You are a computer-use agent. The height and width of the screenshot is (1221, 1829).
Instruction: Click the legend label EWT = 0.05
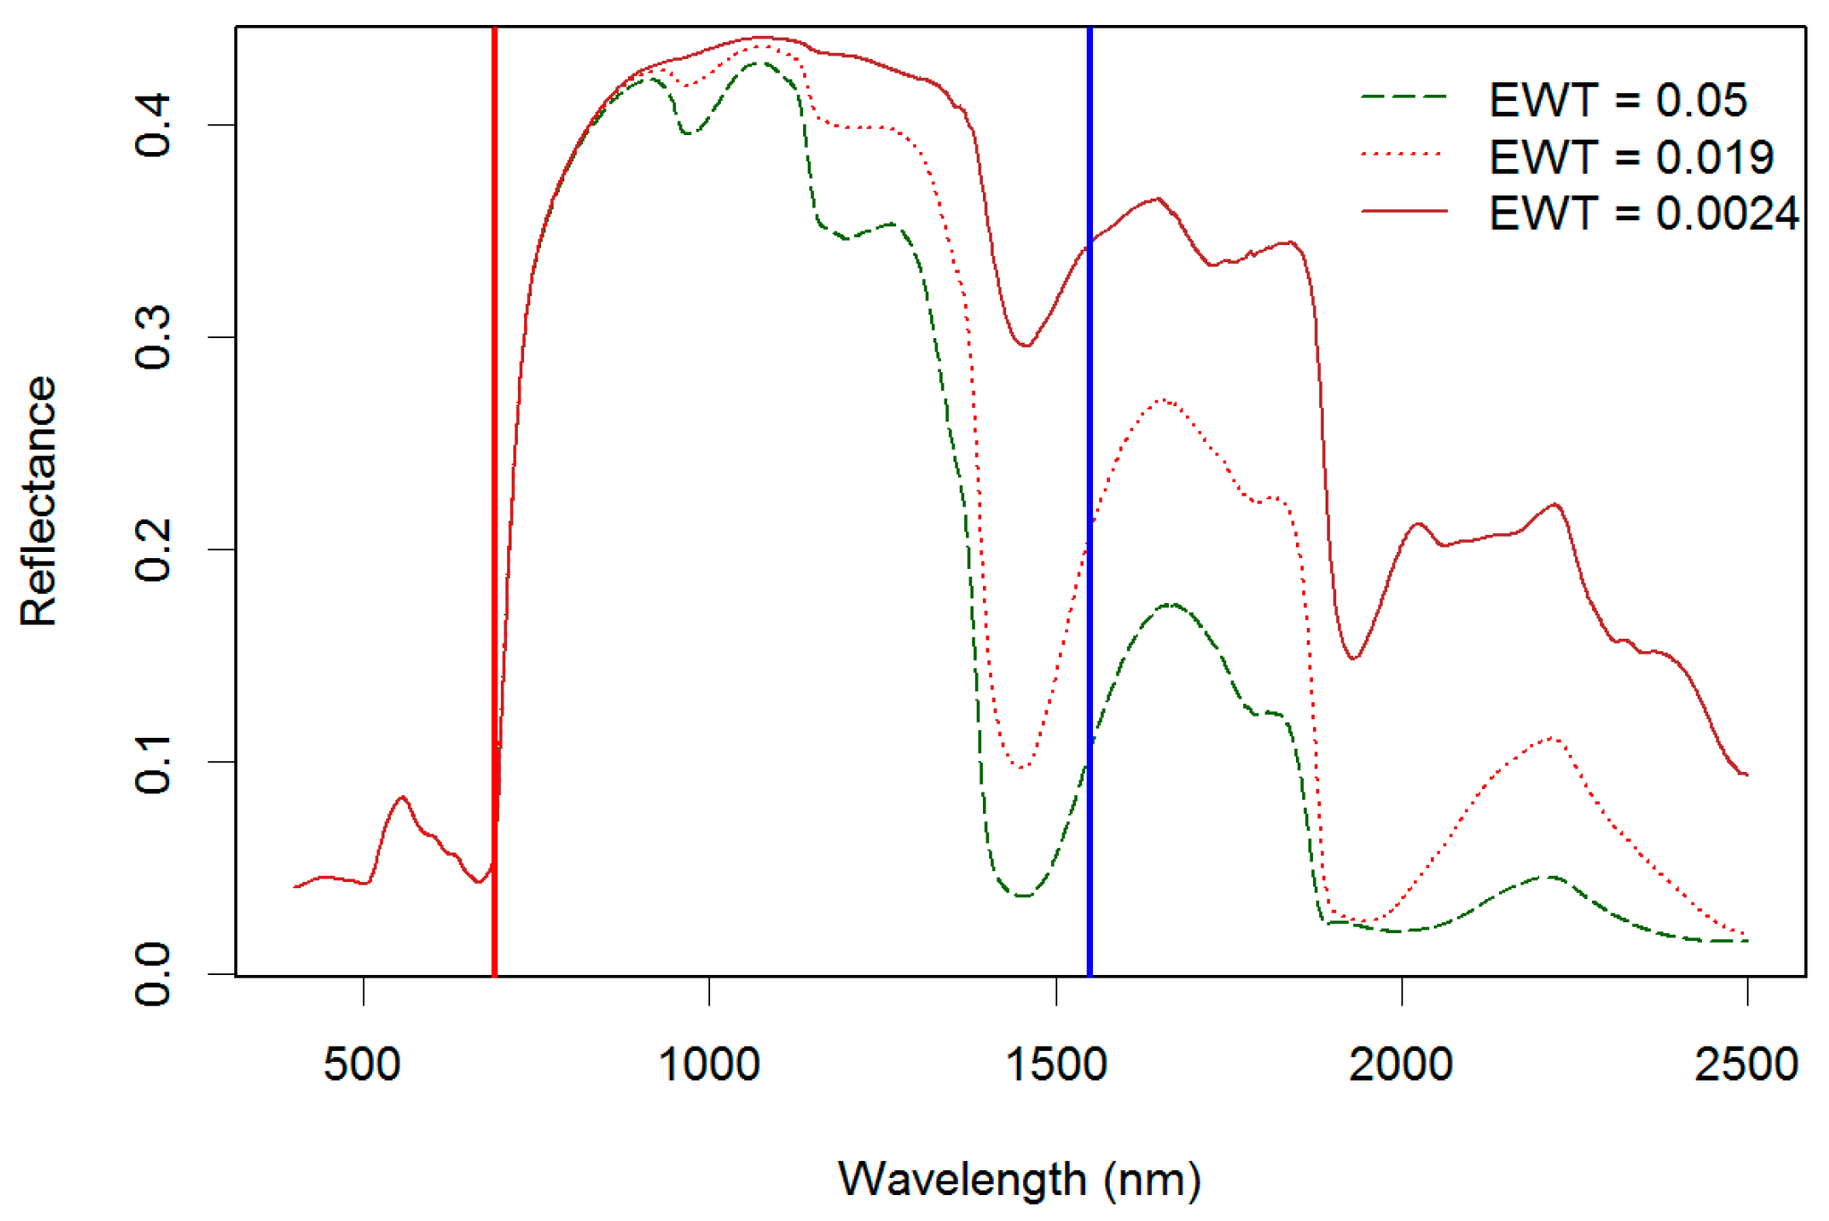coord(1617,100)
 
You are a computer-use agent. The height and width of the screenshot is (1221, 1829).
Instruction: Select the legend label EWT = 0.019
coord(1630,157)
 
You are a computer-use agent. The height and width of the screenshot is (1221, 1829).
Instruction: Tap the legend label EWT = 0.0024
coord(1644,214)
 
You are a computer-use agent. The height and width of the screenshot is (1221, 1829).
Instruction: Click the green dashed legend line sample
coord(1404,96)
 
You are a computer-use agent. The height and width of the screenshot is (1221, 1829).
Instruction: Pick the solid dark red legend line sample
coord(1404,211)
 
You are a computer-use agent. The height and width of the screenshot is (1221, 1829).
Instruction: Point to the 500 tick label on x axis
coord(362,1064)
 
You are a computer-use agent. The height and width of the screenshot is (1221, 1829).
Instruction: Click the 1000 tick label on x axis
coord(709,1064)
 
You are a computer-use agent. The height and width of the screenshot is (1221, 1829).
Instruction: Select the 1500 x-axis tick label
coord(1056,1064)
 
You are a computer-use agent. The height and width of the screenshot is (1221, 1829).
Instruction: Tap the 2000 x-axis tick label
coord(1401,1064)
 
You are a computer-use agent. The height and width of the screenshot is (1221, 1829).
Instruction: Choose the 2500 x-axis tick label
coord(1746,1064)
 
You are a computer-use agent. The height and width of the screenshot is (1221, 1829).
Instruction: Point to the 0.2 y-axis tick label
coord(154,549)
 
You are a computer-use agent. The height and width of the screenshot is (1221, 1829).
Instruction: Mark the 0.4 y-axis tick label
coord(154,124)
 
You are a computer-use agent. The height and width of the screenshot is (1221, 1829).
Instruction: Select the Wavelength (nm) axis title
coord(1020,1179)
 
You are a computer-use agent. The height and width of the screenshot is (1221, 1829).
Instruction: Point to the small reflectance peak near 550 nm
coord(402,797)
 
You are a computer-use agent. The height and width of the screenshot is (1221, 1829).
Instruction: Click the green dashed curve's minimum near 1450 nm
coord(1024,895)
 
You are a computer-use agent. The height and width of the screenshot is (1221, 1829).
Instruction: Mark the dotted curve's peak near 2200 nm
coord(1552,738)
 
